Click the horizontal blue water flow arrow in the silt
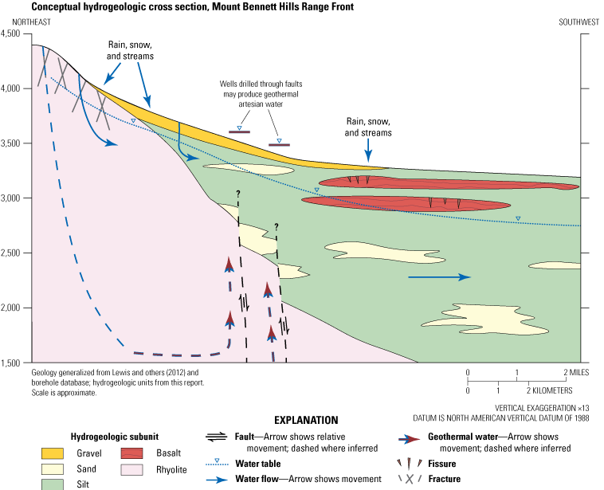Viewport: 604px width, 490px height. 439,277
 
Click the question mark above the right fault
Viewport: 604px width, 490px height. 277,226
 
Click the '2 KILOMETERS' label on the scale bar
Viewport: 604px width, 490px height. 550,391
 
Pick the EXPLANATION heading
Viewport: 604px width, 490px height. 306,420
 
